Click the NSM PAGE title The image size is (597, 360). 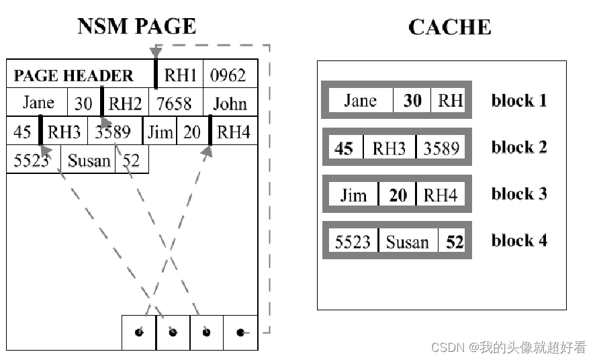(136, 26)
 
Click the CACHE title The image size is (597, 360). (449, 27)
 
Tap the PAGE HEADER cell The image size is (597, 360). (74, 75)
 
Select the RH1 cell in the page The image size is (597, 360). (181, 75)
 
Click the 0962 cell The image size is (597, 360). (228, 75)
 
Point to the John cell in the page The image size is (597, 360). (230, 103)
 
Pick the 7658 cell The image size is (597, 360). (174, 103)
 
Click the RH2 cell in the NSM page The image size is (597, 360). (126, 103)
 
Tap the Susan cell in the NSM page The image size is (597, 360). (89, 161)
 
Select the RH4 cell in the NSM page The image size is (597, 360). (234, 132)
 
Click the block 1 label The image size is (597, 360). (518, 101)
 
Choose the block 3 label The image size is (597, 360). (518, 194)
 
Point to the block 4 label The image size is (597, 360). (518, 240)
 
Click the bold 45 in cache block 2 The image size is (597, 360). (344, 148)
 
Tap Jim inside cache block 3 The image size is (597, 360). (353, 195)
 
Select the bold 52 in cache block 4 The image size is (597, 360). (455, 241)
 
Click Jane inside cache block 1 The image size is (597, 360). (360, 101)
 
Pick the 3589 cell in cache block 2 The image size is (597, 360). (441, 148)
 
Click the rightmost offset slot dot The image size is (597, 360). (240, 332)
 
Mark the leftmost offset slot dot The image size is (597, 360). (139, 332)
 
